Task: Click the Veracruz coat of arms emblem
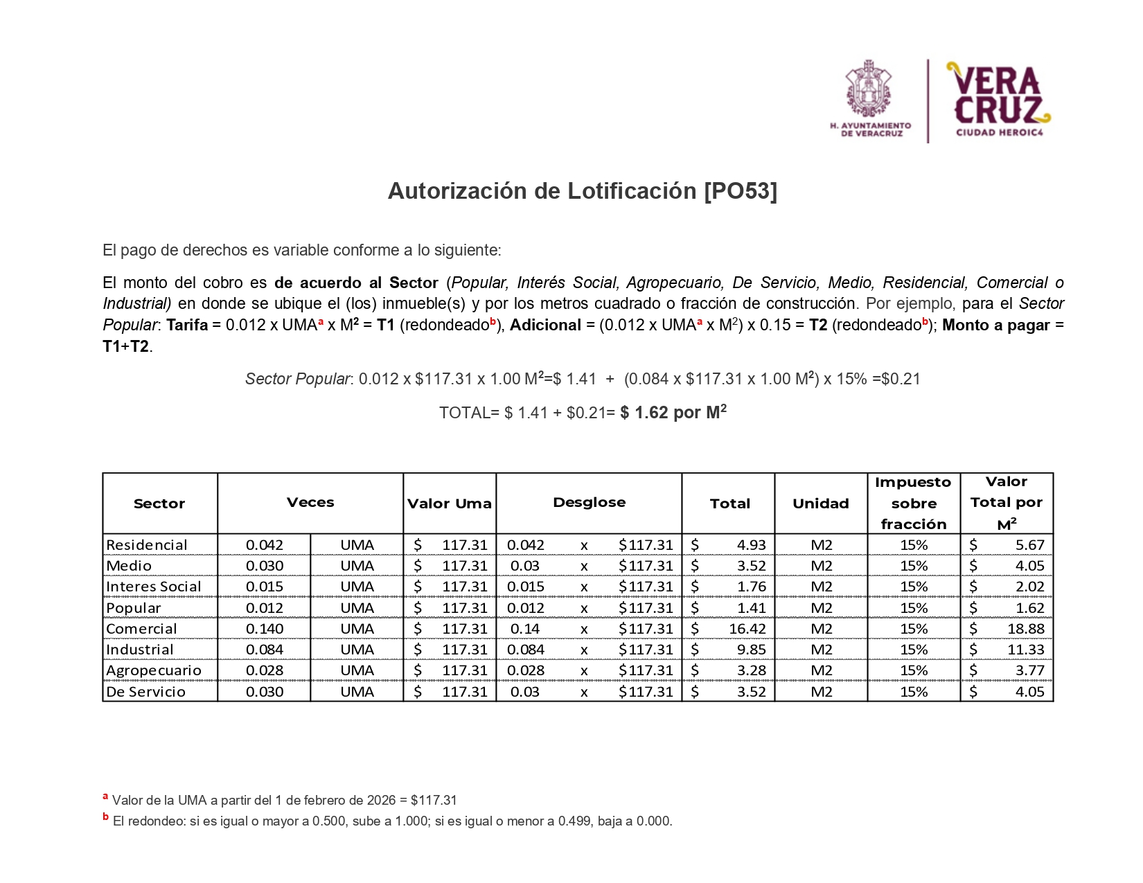pyautogui.click(x=869, y=89)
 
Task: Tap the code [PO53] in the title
pyautogui.click(x=741, y=191)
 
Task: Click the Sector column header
pyautogui.click(x=159, y=503)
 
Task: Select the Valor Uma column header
pyautogui.click(x=449, y=503)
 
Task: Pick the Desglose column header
pyautogui.click(x=589, y=502)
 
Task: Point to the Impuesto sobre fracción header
pyautogui.click(x=913, y=503)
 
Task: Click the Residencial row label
pyautogui.click(x=147, y=545)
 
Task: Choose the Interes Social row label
pyautogui.click(x=154, y=587)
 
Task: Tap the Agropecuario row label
pyautogui.click(x=154, y=670)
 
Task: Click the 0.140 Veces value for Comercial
pyautogui.click(x=265, y=629)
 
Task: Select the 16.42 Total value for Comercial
pyautogui.click(x=747, y=629)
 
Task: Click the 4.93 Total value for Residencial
pyautogui.click(x=751, y=545)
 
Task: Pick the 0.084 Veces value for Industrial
pyautogui.click(x=265, y=650)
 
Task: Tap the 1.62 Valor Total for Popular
pyautogui.click(x=1029, y=608)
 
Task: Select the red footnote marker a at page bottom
pyautogui.click(x=105, y=797)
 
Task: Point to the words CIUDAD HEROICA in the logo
pyautogui.click(x=999, y=132)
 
